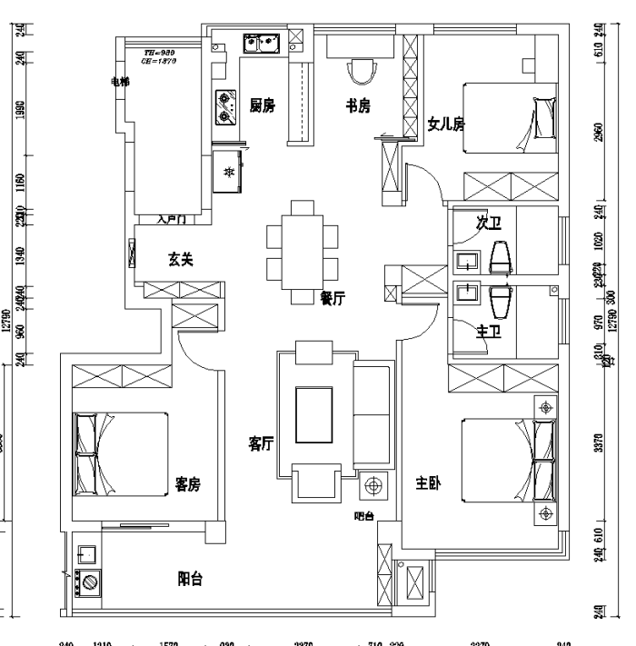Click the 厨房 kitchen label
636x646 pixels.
263,105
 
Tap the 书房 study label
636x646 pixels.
358,105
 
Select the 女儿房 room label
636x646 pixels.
445,124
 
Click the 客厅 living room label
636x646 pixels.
262,443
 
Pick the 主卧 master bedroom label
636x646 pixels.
429,483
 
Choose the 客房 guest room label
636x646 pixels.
188,484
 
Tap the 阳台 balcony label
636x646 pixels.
190,578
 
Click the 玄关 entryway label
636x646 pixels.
180,259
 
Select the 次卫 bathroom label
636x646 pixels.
489,223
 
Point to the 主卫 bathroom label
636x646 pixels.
489,331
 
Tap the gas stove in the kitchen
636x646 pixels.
225,108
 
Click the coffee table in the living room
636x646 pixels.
316,415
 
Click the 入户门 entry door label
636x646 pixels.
171,219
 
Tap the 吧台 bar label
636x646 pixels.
363,517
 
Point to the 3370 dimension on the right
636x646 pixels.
597,443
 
